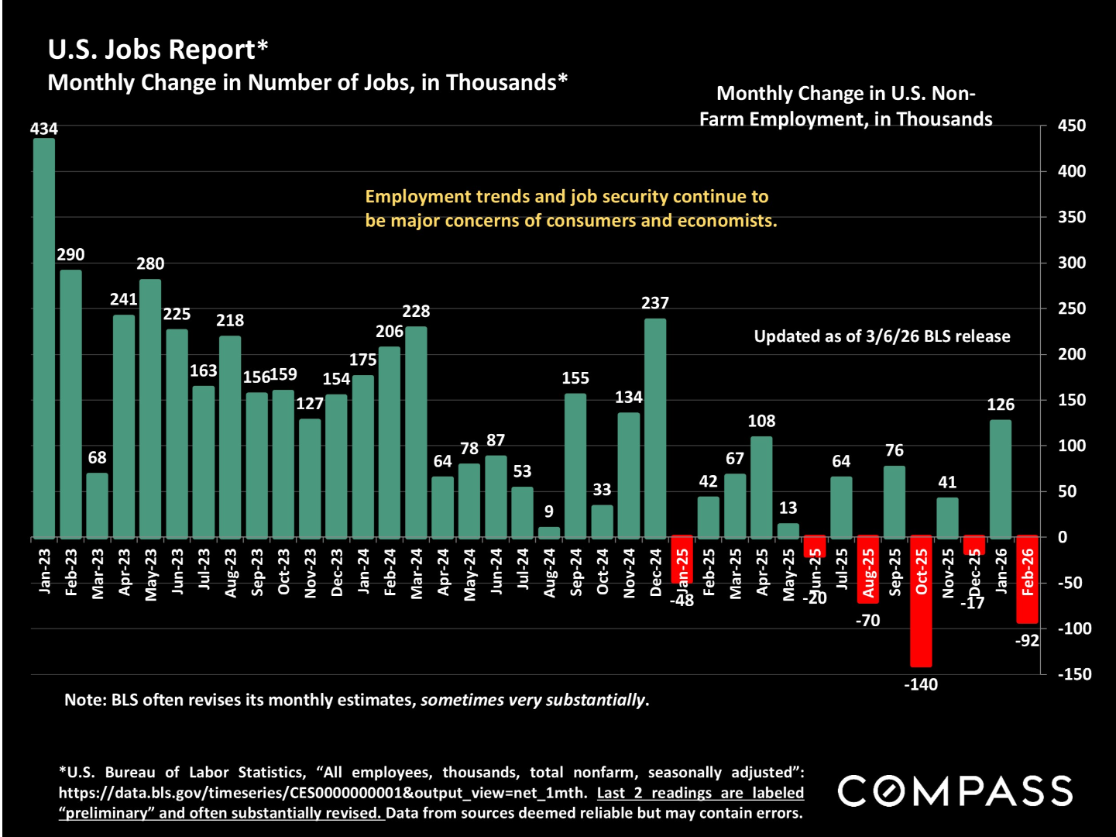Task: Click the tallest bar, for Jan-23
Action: coord(44,338)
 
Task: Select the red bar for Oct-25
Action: coord(921,601)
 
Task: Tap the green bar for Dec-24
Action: coord(655,428)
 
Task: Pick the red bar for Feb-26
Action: coord(1027,580)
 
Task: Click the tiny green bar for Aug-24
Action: coord(549,532)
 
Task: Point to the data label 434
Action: coord(44,129)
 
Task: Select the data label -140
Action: coord(920,685)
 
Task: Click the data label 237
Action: coord(655,303)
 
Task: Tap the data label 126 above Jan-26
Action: coord(1001,405)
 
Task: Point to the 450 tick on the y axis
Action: coord(1072,126)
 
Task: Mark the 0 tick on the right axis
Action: coord(1063,537)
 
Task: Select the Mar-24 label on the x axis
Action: coord(417,573)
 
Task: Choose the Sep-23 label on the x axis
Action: coord(257,573)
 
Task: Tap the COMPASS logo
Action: coord(955,791)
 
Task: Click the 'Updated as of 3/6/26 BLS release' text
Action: coord(882,336)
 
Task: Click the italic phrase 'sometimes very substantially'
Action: coord(533,701)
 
